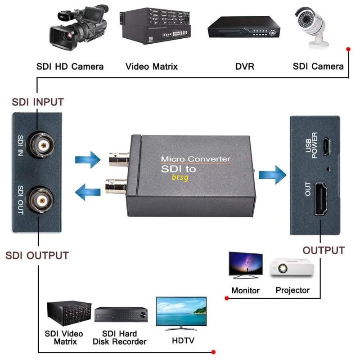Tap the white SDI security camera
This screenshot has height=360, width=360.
click(x=313, y=25)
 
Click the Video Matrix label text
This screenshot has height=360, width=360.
click(x=152, y=67)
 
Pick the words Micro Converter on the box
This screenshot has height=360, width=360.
click(x=196, y=159)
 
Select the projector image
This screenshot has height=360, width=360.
click(x=292, y=269)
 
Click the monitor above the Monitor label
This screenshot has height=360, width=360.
click(x=245, y=264)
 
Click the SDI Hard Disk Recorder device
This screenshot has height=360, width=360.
click(x=121, y=315)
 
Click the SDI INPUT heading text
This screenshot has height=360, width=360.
click(x=37, y=102)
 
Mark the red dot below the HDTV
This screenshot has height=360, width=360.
click(x=213, y=351)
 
